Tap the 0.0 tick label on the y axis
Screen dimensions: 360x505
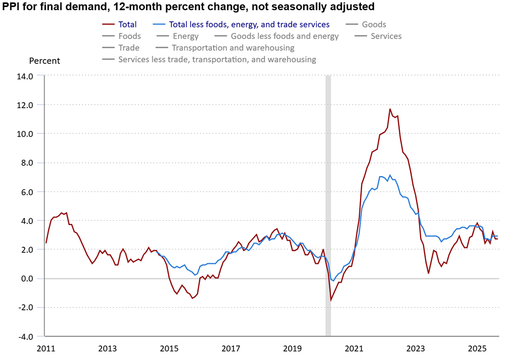[x=26, y=279]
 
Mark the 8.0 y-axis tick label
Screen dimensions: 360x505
[x=26, y=163]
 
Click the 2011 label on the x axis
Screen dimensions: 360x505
[x=45, y=349]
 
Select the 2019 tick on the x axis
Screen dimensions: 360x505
[x=292, y=349]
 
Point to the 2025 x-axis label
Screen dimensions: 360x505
[x=477, y=349]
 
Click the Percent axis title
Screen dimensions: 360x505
[x=44, y=61]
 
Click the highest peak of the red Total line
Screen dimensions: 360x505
[x=390, y=109]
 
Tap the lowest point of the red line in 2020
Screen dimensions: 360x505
[x=331, y=300]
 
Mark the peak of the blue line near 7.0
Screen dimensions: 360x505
[x=390, y=175]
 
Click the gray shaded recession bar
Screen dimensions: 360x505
[x=328, y=202]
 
